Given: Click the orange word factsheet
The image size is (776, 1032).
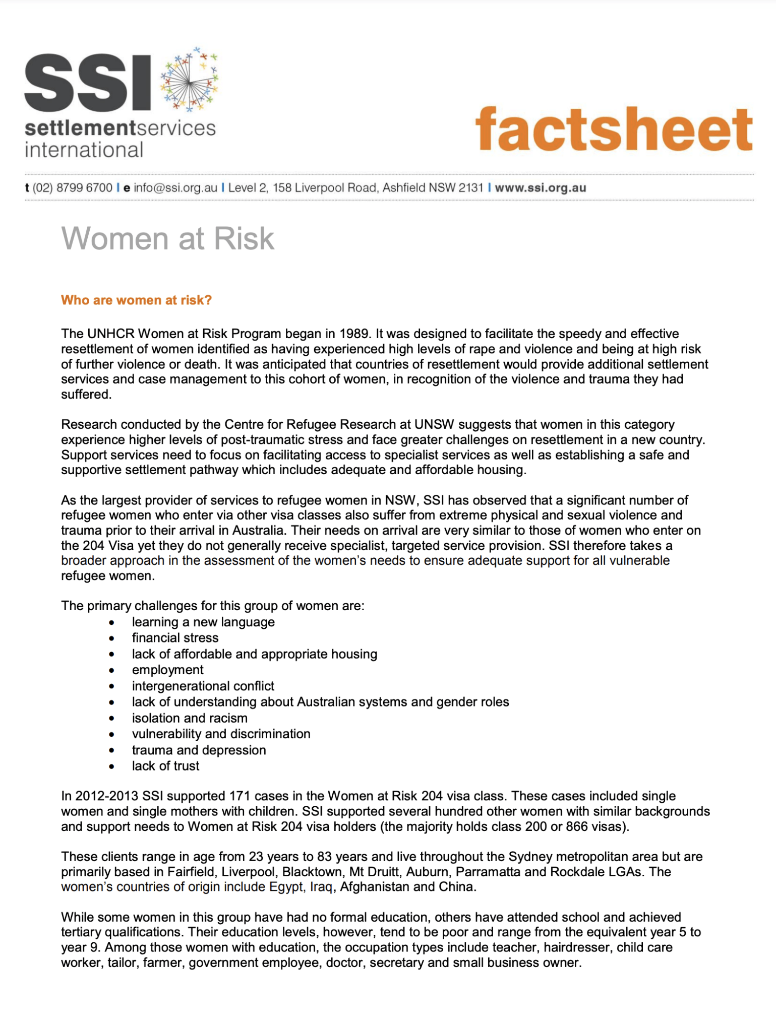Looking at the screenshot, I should (x=614, y=129).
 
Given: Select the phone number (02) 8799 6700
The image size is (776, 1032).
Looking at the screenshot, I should (x=72, y=188).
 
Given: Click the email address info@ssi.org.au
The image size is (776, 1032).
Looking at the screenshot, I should (x=175, y=188).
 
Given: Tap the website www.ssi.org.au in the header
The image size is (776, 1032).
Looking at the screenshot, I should (x=540, y=188).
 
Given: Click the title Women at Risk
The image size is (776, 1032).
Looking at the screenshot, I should (x=167, y=238).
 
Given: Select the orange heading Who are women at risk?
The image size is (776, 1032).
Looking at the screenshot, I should (x=136, y=300).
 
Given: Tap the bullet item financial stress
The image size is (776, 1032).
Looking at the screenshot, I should (x=175, y=637).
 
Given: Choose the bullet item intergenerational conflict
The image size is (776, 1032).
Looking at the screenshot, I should (x=203, y=686).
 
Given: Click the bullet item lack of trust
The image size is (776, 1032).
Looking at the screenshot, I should (x=165, y=766).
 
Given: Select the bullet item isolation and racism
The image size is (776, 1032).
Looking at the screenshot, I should (x=190, y=718).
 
